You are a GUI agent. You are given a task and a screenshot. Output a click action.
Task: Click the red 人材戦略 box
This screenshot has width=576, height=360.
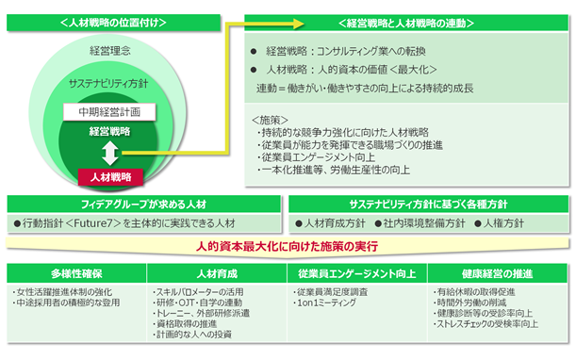(110, 177)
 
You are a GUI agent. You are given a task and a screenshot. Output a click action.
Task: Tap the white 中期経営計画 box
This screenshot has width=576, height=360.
(109, 112)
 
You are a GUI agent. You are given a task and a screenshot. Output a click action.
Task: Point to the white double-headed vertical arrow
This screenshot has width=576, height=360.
(110, 154)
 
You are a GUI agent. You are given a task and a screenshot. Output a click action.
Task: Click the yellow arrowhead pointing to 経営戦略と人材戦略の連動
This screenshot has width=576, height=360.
(298, 24)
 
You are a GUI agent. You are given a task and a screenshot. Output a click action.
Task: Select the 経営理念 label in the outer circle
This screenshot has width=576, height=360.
(110, 51)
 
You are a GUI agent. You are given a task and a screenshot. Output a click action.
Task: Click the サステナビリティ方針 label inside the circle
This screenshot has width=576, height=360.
(108, 84)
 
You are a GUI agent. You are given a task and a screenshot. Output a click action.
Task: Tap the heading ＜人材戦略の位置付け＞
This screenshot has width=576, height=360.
(113, 23)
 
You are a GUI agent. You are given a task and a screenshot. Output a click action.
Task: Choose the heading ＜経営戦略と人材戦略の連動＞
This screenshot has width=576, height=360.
(406, 24)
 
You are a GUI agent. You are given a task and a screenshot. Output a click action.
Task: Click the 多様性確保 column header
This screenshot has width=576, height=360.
(76, 273)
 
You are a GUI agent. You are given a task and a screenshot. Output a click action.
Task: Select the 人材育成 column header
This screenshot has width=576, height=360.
(217, 273)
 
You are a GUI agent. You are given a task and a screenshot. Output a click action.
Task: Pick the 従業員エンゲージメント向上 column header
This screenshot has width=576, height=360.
(356, 273)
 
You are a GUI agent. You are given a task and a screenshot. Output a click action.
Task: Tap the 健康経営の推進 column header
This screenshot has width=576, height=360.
(497, 273)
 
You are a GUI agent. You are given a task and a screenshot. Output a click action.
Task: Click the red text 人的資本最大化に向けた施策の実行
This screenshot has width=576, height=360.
(287, 246)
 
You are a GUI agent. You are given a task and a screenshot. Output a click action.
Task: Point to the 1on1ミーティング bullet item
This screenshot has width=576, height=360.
(324, 303)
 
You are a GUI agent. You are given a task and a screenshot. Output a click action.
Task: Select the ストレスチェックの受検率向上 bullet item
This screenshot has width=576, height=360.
(485, 324)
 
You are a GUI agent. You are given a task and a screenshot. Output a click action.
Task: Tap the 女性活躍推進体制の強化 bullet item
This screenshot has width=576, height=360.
(62, 292)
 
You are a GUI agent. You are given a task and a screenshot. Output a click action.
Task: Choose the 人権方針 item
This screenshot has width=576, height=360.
(499, 223)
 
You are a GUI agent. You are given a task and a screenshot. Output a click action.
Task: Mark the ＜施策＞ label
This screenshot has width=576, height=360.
(270, 120)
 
